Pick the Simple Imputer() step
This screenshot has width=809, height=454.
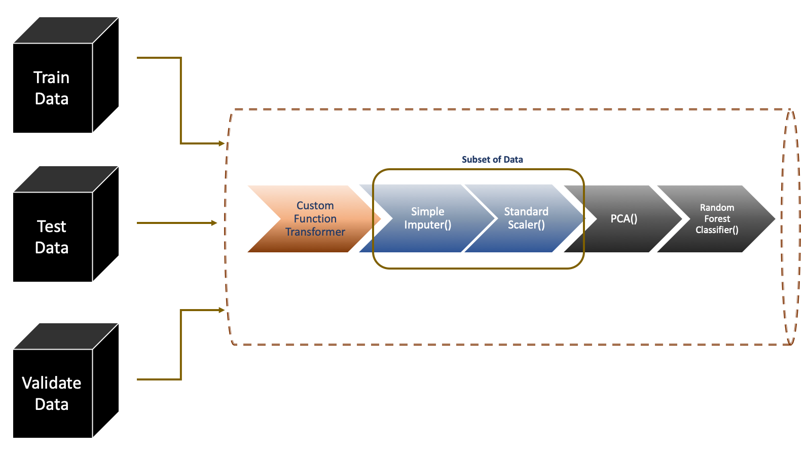coord(427,218)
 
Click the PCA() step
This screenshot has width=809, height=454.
coord(623,219)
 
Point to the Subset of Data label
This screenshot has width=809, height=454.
coord(492,160)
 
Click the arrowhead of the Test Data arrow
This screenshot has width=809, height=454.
coord(214,223)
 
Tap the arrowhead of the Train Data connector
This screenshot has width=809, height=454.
coord(222,143)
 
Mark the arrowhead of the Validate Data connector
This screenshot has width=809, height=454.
coord(222,310)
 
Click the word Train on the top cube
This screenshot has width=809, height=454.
coord(51,78)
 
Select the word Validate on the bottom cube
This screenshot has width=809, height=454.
coord(52,383)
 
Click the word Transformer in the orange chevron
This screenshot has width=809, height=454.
coord(315,232)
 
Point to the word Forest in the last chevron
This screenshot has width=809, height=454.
coord(717,219)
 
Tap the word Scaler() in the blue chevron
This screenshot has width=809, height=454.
coord(526,225)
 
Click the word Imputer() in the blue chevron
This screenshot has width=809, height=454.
coord(427,225)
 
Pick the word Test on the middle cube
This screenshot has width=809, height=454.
coord(52,226)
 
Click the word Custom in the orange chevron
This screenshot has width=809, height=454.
coord(315,206)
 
